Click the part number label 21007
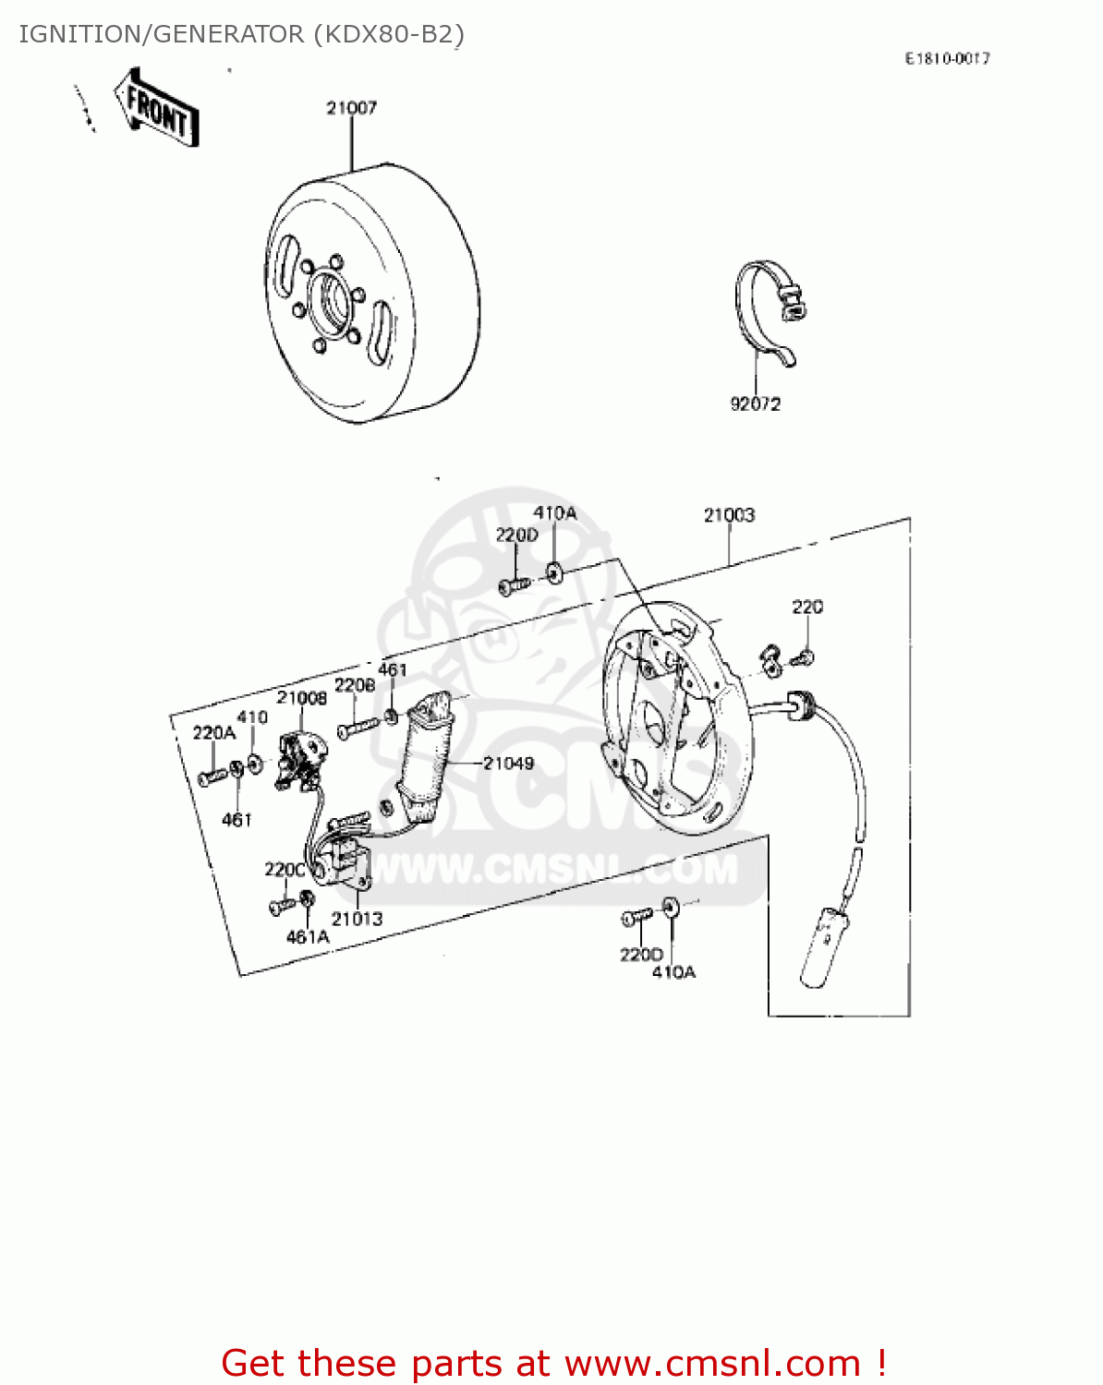(x=351, y=108)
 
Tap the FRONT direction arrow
(x=156, y=109)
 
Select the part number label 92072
(x=755, y=403)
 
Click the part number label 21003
(x=729, y=514)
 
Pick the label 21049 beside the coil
(x=508, y=763)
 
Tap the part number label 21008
(x=302, y=698)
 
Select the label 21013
(x=357, y=918)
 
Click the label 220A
(x=213, y=732)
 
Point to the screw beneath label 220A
(x=212, y=777)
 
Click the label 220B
(x=354, y=685)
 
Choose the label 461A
(x=308, y=936)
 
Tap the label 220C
(x=285, y=869)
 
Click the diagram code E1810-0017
(x=947, y=58)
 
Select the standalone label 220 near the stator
(x=806, y=607)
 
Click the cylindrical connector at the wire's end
(x=823, y=945)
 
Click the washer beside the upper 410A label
(x=553, y=572)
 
